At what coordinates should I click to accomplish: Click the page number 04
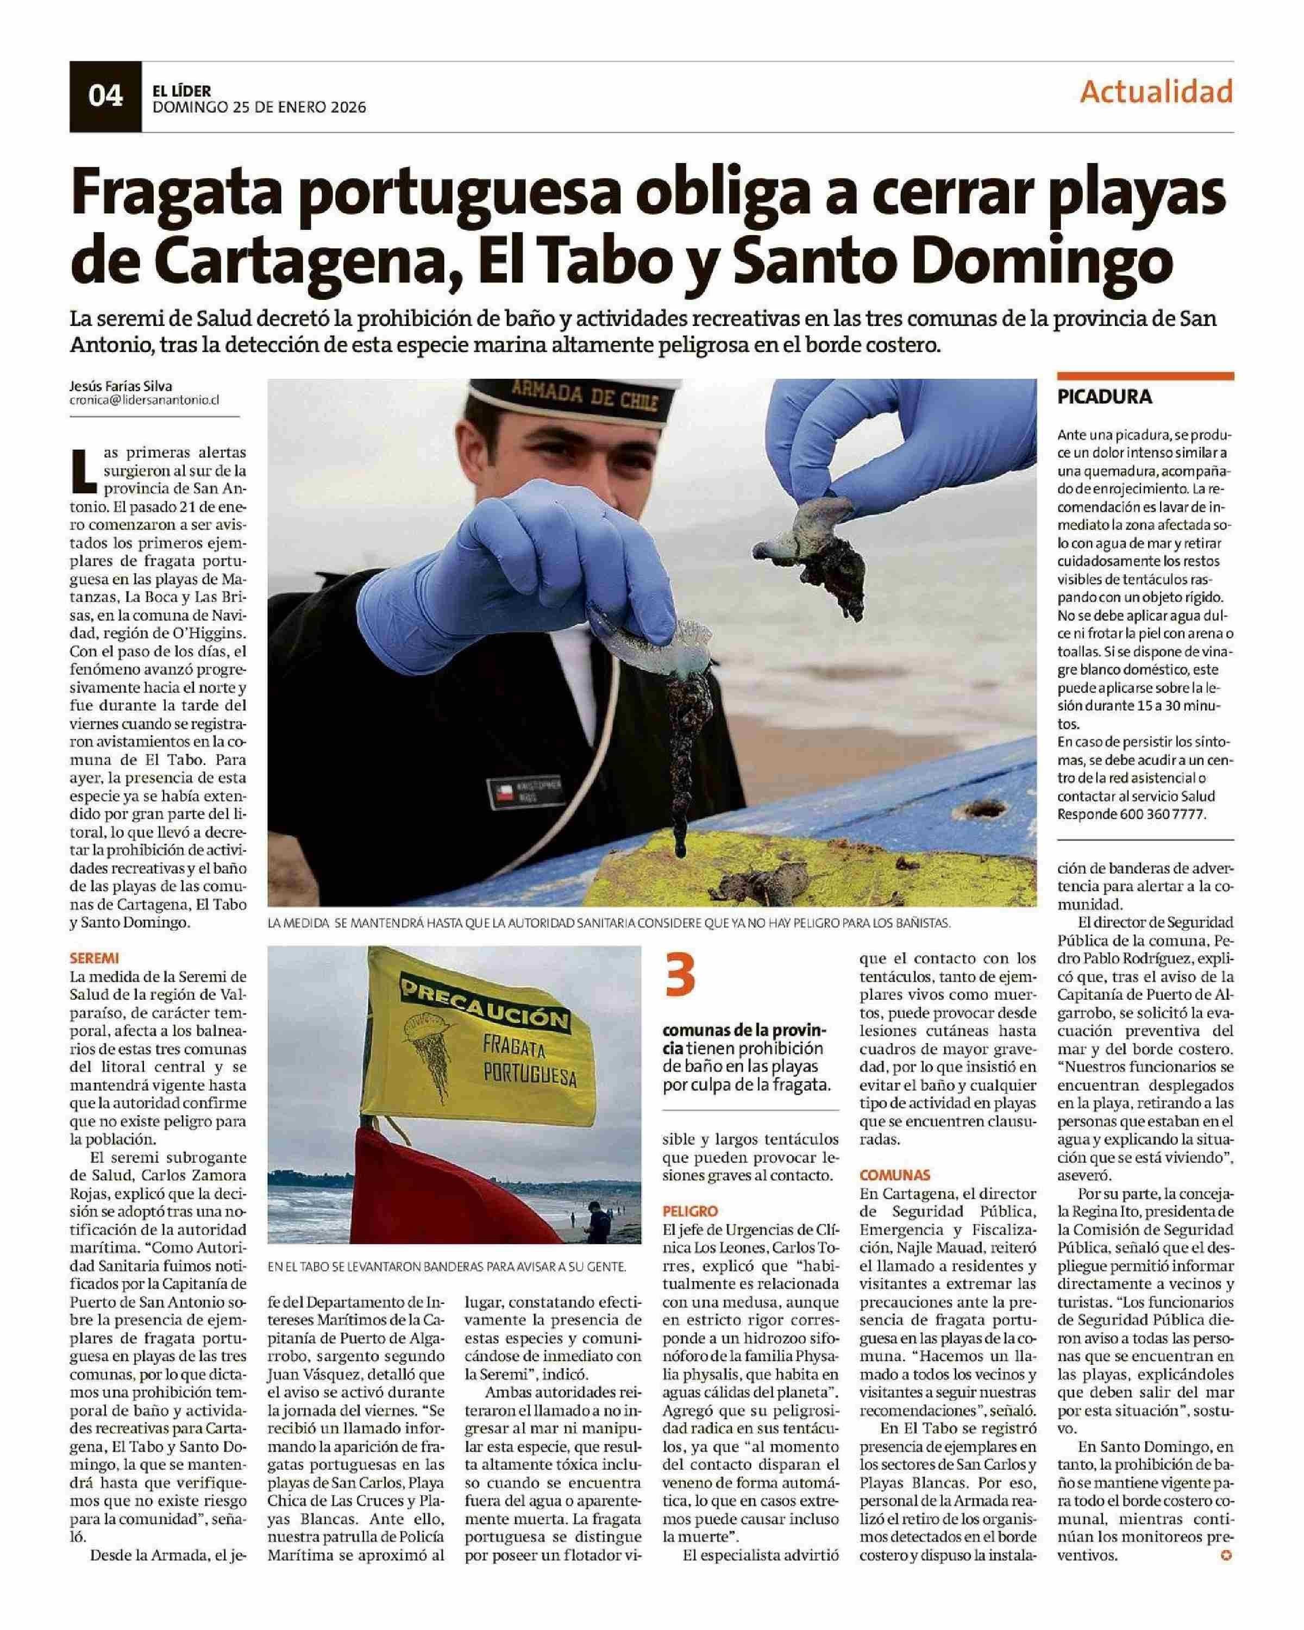105,96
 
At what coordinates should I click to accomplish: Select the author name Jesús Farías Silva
120,386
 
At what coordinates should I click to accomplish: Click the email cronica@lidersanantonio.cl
143,402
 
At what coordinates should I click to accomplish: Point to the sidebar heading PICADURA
1105,396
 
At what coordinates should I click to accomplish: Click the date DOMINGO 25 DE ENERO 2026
259,108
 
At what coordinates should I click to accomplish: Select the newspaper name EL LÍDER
181,90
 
